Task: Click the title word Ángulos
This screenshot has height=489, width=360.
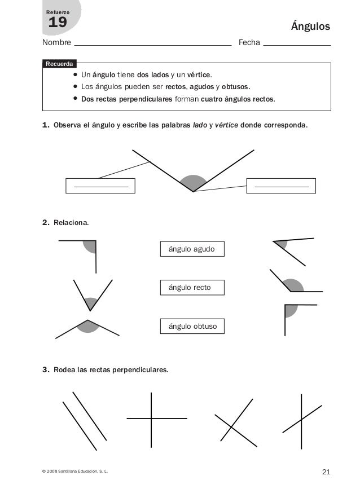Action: pyautogui.click(x=310, y=27)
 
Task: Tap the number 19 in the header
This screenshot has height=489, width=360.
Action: pyautogui.click(x=58, y=23)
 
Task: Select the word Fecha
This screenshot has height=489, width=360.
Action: pyautogui.click(x=249, y=43)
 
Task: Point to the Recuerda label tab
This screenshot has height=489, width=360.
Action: pyautogui.click(x=59, y=64)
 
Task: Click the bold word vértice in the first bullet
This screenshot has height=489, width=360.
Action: pyautogui.click(x=199, y=74)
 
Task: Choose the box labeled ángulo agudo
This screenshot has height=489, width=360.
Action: pyautogui.click(x=192, y=249)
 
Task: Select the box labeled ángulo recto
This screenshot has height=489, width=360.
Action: pyautogui.click(x=192, y=288)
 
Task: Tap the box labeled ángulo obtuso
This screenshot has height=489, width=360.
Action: pyautogui.click(x=192, y=327)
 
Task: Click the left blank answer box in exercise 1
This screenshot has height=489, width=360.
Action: pyautogui.click(x=100, y=186)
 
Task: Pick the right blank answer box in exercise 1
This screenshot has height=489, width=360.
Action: pyautogui.click(x=281, y=186)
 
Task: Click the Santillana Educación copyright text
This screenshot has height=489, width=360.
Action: pyautogui.click(x=71, y=472)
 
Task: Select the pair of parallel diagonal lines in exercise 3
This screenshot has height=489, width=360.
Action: pyautogui.click(x=85, y=420)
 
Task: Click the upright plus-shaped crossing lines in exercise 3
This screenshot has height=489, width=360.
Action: pyautogui.click(x=151, y=418)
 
